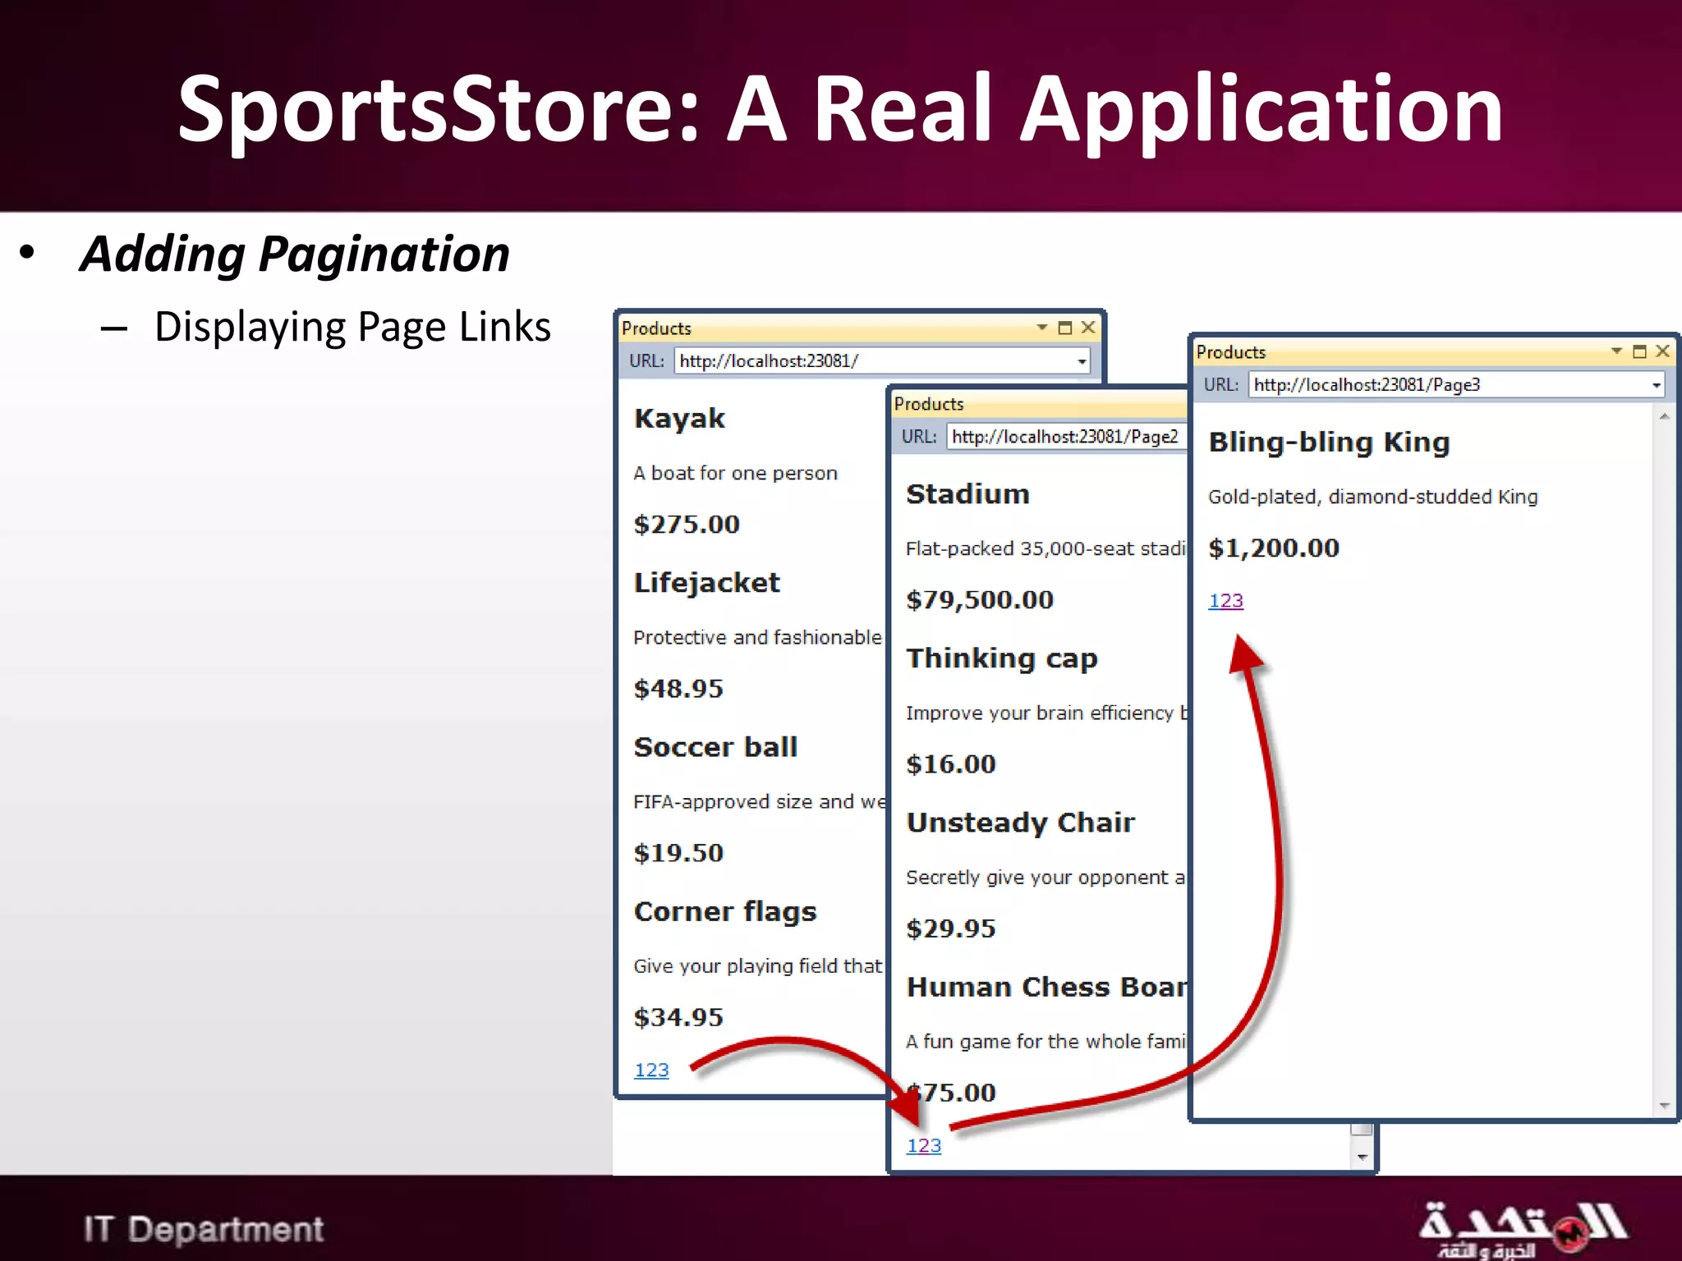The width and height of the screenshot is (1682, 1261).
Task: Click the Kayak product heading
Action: click(x=679, y=419)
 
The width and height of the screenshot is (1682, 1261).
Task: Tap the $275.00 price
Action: click(x=687, y=525)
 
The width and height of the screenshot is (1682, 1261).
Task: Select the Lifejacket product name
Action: click(x=706, y=583)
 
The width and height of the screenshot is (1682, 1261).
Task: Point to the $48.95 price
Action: click(x=678, y=689)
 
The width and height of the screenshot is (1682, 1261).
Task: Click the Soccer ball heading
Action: click(x=715, y=747)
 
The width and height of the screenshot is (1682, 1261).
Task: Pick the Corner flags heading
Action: click(x=725, y=911)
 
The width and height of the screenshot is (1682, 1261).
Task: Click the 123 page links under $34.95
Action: click(x=651, y=1070)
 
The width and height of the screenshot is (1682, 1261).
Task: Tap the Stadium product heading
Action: click(x=967, y=494)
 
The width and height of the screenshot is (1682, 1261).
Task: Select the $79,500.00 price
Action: click(x=979, y=600)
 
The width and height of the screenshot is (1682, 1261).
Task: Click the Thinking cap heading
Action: click(x=1001, y=658)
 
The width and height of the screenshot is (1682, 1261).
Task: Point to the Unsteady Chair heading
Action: click(x=1020, y=823)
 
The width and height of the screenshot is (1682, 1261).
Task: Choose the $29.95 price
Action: click(x=950, y=929)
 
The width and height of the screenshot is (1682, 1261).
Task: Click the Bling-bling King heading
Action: click(x=1329, y=442)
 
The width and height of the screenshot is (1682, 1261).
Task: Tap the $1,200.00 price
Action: click(x=1273, y=548)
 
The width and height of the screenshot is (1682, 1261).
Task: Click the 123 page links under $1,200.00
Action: click(x=1225, y=601)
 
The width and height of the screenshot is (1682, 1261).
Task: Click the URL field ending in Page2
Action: click(x=1064, y=437)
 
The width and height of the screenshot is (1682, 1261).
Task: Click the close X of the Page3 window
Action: click(x=1663, y=351)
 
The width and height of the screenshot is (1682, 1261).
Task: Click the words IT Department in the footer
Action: click(x=204, y=1229)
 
